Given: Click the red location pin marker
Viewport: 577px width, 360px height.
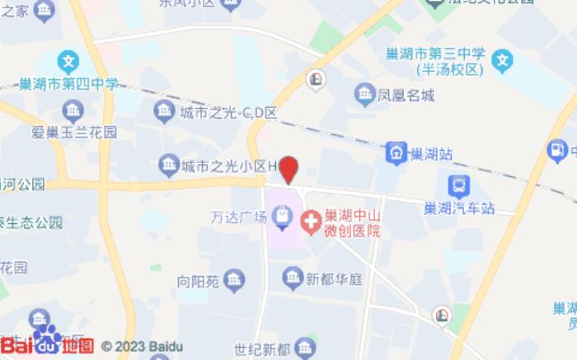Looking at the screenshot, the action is (288, 169).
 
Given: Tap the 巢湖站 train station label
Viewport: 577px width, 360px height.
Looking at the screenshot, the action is (432, 153).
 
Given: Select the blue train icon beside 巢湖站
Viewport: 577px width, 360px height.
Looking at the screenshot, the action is (397, 152).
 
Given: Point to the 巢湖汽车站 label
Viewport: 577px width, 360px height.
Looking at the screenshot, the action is (457, 208).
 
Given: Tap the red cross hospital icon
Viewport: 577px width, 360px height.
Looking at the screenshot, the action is (311, 221).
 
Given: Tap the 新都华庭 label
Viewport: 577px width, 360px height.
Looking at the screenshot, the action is (335, 279).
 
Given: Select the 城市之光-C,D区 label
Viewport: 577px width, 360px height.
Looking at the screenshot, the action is (228, 113).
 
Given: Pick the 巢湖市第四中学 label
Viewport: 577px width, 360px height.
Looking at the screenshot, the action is (69, 84).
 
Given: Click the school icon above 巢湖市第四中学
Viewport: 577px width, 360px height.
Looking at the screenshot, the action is (68, 61).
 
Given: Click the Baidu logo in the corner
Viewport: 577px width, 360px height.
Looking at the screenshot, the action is (46, 344).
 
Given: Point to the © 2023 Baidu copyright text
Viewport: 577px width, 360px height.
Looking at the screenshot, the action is (142, 347).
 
